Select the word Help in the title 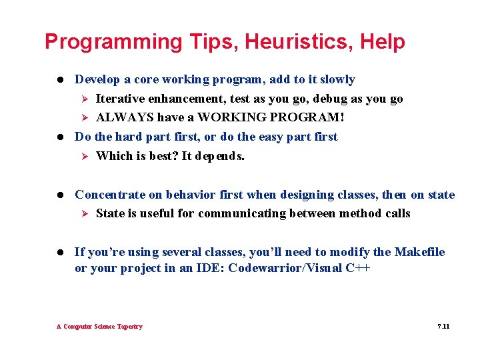coord(382,42)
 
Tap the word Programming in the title coord(113,42)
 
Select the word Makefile coord(419,252)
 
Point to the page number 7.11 coord(443,327)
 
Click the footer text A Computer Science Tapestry coord(99,327)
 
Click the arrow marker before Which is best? coord(84,156)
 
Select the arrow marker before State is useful coord(84,213)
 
